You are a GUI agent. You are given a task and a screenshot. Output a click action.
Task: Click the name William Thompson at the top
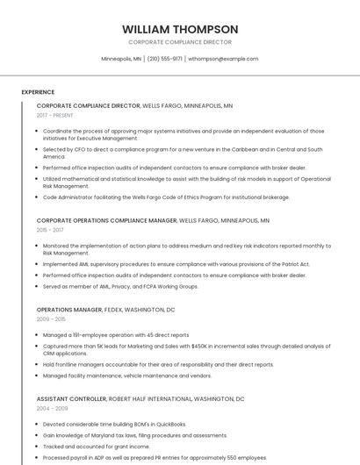pyautogui.click(x=180, y=29)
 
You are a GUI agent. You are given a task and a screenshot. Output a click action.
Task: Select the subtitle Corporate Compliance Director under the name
pyautogui.click(x=180, y=42)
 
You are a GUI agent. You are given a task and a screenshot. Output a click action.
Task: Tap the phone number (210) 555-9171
pyautogui.click(x=165, y=59)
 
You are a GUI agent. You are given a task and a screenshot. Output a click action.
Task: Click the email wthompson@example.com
pyautogui.click(x=223, y=59)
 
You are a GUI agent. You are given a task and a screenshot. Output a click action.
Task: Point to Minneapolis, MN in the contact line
pyautogui.click(x=121, y=59)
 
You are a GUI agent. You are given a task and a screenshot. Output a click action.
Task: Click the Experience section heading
pyautogui.click(x=38, y=92)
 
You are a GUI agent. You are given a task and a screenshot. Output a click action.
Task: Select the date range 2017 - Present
pyautogui.click(x=54, y=115)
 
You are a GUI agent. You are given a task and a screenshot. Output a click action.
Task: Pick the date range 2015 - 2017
pyautogui.click(x=50, y=230)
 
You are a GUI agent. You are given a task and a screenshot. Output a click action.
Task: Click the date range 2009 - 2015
pyautogui.click(x=50, y=319)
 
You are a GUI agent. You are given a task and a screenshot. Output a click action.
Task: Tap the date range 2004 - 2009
pyautogui.click(x=51, y=408)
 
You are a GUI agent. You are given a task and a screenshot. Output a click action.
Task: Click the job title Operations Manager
pyautogui.click(x=69, y=310)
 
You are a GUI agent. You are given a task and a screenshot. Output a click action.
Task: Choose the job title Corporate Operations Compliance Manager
pyautogui.click(x=106, y=221)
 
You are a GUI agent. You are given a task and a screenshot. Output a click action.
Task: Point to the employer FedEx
pyautogui.click(x=116, y=310)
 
